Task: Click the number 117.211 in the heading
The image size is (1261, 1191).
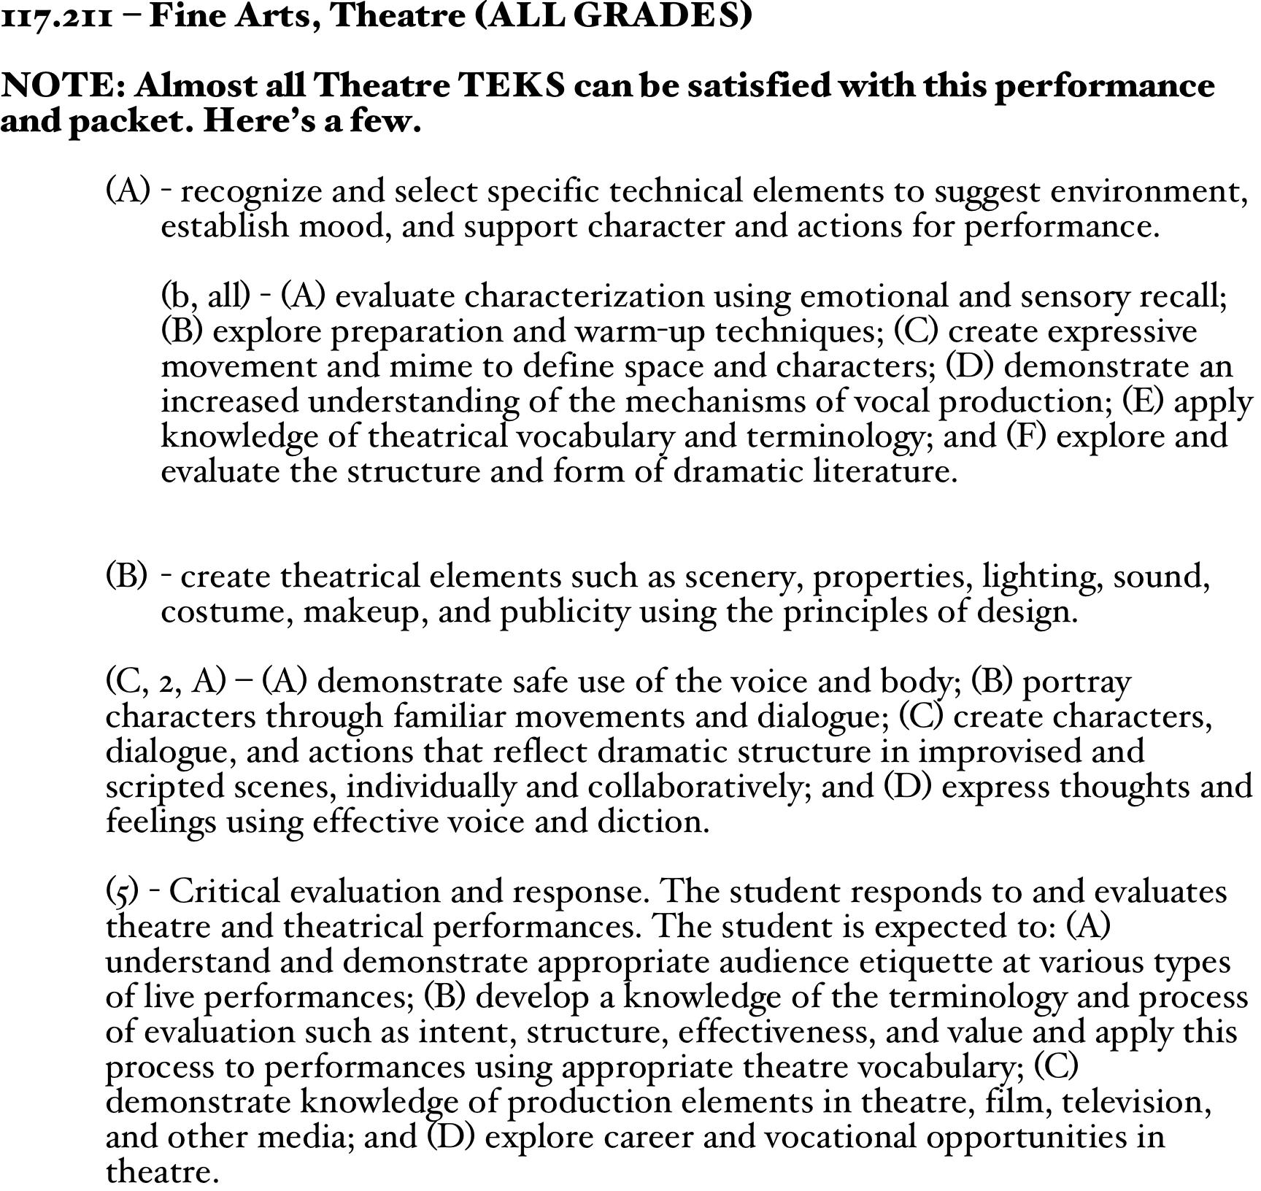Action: [57, 16]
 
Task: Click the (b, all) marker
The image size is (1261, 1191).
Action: [206, 296]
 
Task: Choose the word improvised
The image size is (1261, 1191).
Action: [1031, 752]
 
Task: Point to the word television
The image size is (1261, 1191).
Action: [1136, 1102]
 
